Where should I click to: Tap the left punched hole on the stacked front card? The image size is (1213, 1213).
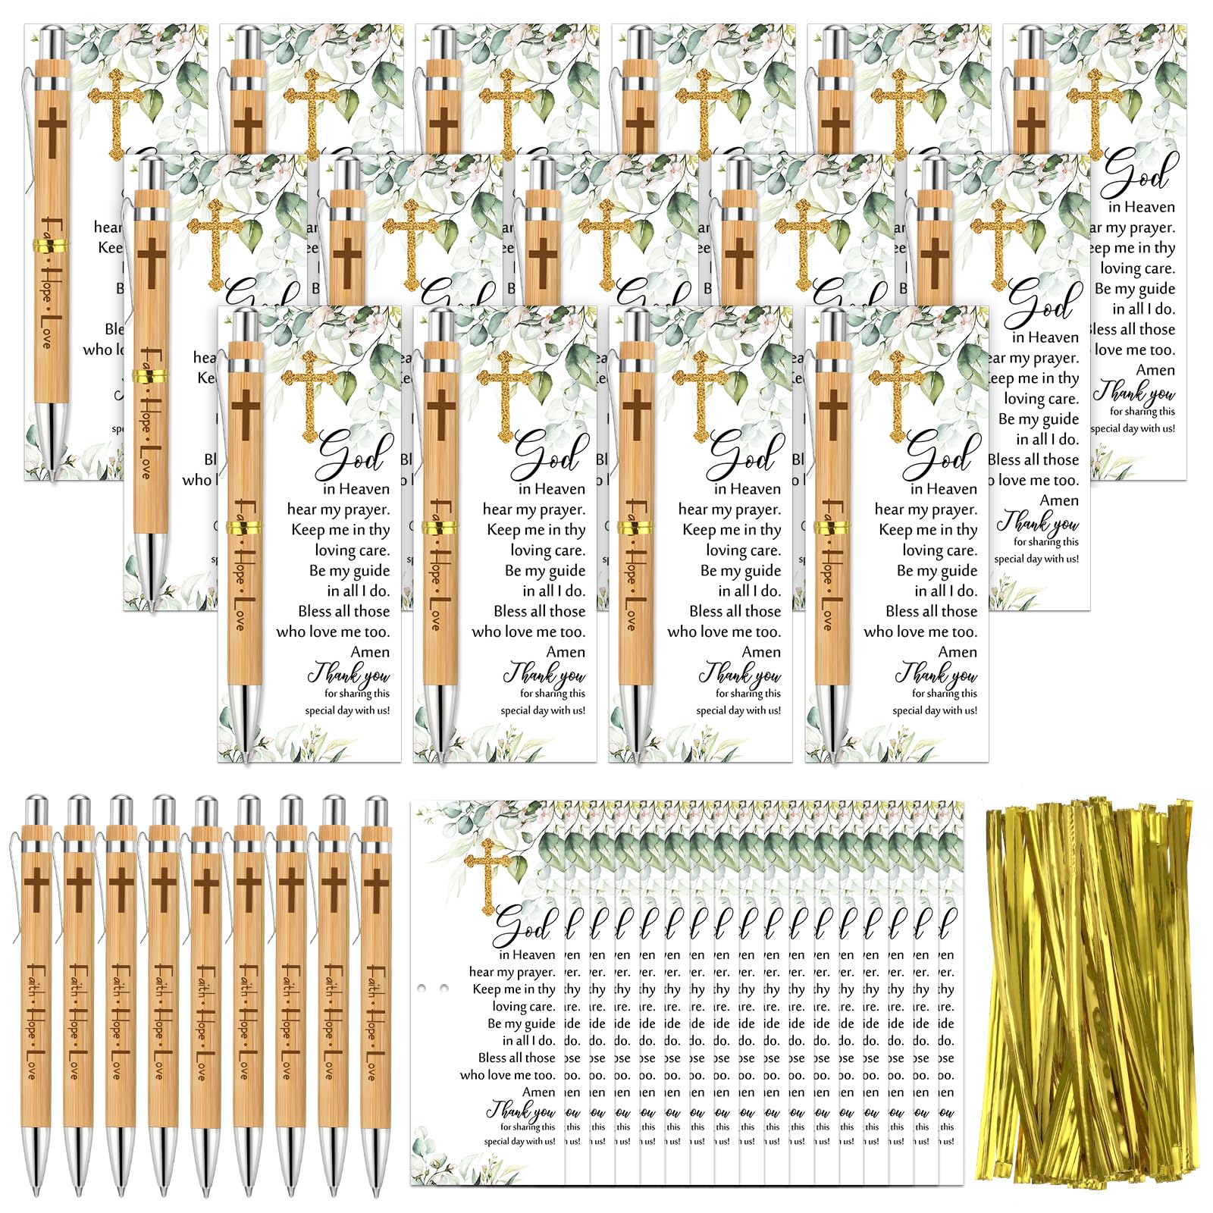pos(422,989)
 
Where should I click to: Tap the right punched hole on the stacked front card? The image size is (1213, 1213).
pos(444,989)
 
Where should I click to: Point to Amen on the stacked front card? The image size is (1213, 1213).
pos(538,1092)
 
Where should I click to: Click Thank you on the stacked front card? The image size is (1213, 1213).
pos(522,1111)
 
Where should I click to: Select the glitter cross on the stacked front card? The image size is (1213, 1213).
pos(487,872)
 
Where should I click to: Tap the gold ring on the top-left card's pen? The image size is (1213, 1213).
pos(50,245)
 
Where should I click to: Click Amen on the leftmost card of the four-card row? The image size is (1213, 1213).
pos(370,652)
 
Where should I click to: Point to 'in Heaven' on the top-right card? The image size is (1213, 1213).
pos(1141,207)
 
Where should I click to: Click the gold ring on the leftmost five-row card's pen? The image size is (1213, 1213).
pos(149,375)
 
